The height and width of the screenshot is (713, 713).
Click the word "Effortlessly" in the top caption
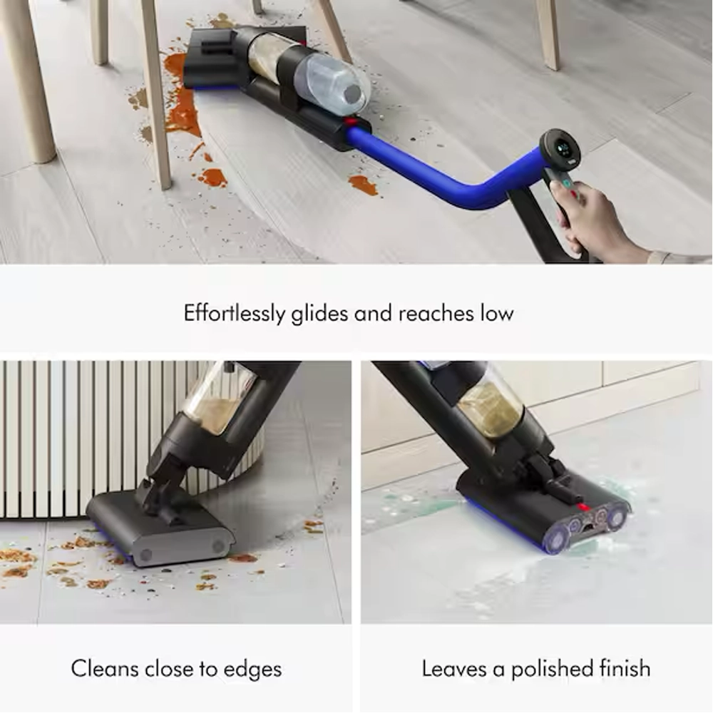click(x=234, y=314)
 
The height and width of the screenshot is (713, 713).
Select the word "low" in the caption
click(x=497, y=313)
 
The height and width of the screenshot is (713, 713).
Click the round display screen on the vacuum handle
click(x=560, y=149)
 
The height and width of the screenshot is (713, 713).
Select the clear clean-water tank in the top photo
click(x=332, y=85)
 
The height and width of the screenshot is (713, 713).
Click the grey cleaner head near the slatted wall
click(x=160, y=529)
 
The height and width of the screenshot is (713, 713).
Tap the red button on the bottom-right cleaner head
click(x=583, y=507)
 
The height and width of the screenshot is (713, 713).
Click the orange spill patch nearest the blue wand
click(x=364, y=185)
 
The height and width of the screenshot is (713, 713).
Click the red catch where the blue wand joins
click(x=350, y=121)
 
